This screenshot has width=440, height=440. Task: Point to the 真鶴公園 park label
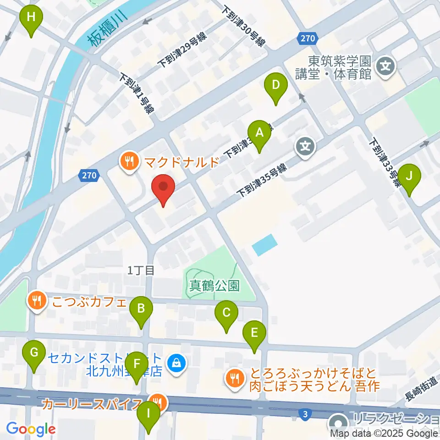214,286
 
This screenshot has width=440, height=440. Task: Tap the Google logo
30,429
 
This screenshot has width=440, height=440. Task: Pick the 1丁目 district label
141,270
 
